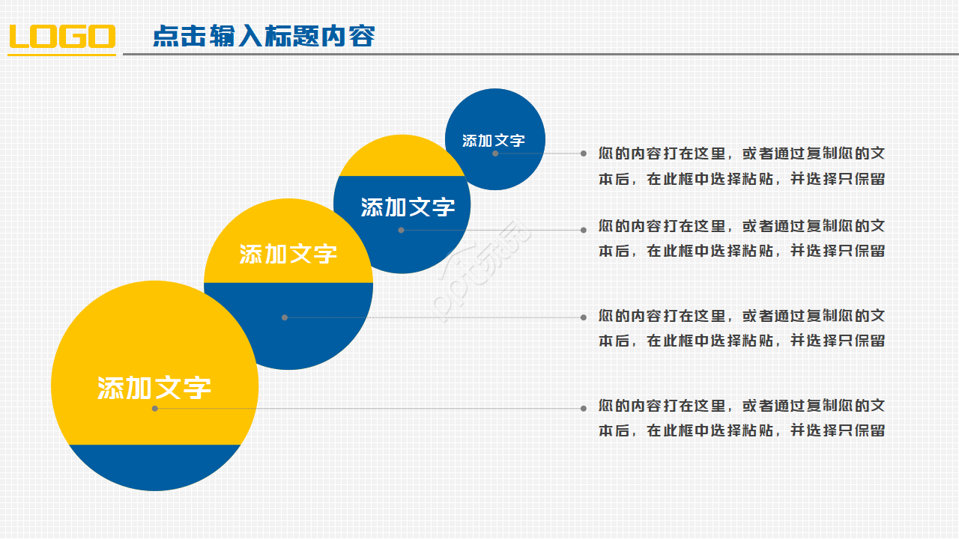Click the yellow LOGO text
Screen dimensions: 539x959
click(62, 37)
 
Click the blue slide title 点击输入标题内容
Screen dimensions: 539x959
click(264, 36)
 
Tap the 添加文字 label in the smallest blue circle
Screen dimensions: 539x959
click(494, 140)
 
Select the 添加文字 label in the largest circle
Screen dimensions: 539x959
click(154, 388)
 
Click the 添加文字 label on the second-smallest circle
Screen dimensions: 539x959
click(408, 207)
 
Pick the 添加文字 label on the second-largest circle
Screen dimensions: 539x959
click(288, 254)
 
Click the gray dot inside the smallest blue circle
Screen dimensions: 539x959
click(495, 153)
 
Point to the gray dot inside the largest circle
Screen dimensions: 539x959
click(155, 409)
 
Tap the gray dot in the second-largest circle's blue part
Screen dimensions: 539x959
click(285, 317)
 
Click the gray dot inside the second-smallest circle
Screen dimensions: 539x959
click(401, 231)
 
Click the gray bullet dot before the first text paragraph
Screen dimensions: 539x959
click(584, 153)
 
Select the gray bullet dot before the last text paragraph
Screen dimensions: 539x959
click(584, 409)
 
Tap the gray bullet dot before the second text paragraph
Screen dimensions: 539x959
click(584, 231)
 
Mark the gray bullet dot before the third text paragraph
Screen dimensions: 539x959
click(584, 317)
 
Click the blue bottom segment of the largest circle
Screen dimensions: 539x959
click(155, 468)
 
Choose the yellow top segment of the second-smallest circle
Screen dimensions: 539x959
click(401, 156)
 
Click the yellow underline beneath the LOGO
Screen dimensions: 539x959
click(62, 54)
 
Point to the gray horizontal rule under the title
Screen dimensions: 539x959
click(539, 54)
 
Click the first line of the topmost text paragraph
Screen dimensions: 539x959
click(742, 153)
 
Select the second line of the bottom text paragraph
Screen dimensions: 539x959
click(742, 430)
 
